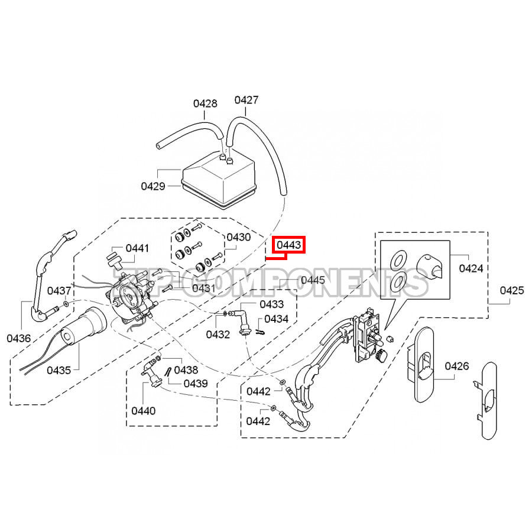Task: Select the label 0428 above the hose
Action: pos(205,103)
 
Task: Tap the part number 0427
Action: pos(246,100)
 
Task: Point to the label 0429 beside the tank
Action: pos(153,186)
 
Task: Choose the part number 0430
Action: pos(238,237)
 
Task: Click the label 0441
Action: pos(137,248)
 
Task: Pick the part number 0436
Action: pos(19,338)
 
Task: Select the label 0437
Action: pos(59,291)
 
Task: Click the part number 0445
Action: pos(313,280)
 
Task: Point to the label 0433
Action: pos(271,304)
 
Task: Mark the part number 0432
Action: pos(218,335)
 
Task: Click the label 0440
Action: pos(144,410)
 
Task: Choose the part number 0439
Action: pos(196,383)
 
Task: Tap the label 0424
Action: pos(471,269)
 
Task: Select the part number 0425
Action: pos(512,290)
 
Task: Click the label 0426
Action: pos(456,366)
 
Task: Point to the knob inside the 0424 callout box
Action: pos(432,267)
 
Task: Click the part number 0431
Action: pos(203,288)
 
